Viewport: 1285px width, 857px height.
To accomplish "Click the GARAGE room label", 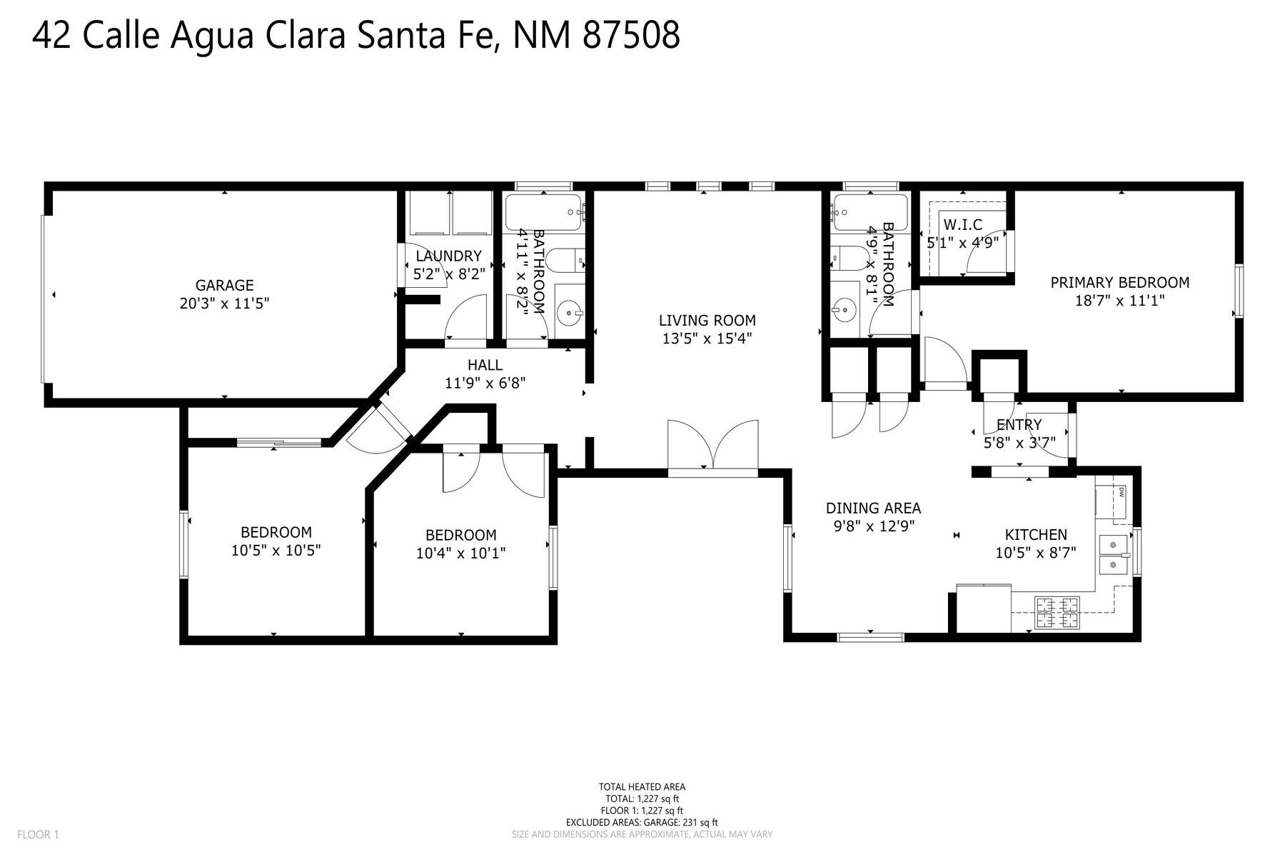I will tap(224, 285).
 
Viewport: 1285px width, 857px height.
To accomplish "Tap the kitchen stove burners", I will tap(1057, 613).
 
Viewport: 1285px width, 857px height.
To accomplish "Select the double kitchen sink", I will tap(1113, 555).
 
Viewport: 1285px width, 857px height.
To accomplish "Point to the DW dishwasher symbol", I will tap(1122, 492).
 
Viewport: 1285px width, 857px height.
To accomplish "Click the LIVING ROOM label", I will tap(707, 321).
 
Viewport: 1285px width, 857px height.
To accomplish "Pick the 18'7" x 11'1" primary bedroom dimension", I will tap(1119, 301).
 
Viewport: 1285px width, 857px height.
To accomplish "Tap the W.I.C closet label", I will tap(962, 225).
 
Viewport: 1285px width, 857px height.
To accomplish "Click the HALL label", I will tap(485, 365).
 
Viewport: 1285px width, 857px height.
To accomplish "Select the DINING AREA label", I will tap(873, 508).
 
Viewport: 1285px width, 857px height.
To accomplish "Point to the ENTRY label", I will tap(1019, 425).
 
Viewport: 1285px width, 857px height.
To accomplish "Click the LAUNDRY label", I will tap(448, 256).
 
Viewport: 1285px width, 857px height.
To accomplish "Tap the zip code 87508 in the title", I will tap(631, 35).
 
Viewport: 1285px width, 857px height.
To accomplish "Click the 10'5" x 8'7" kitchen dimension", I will tap(1036, 552).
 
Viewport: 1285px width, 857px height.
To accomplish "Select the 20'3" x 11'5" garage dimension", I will tap(224, 304).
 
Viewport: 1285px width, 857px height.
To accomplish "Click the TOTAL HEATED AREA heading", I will tap(642, 787).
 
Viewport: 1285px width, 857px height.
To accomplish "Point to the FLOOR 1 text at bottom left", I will tap(38, 834).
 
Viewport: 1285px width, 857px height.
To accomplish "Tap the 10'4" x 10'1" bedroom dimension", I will tap(460, 553).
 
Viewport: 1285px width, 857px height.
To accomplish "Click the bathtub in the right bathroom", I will tap(870, 212).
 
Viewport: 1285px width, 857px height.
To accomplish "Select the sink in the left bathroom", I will tap(569, 311).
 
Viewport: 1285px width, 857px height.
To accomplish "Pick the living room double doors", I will tap(712, 446).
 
